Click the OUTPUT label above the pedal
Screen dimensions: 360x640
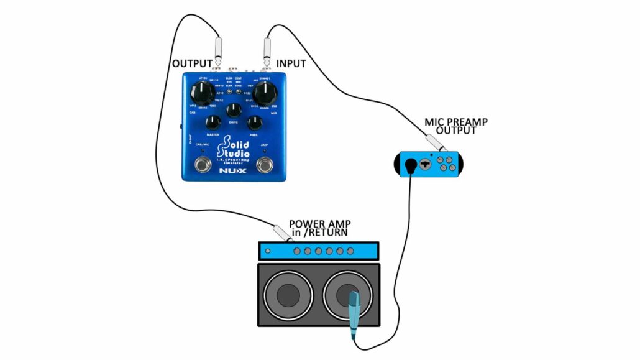coord(192,63)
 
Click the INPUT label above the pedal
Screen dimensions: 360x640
coord(291,63)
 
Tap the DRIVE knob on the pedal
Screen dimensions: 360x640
coord(234,111)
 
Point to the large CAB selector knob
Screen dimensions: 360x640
coord(203,93)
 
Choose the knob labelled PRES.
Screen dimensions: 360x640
coord(254,123)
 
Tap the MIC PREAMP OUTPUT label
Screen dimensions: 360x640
coord(456,126)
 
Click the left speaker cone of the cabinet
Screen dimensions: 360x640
coord(288,295)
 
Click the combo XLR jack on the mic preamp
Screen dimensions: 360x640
coord(426,164)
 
